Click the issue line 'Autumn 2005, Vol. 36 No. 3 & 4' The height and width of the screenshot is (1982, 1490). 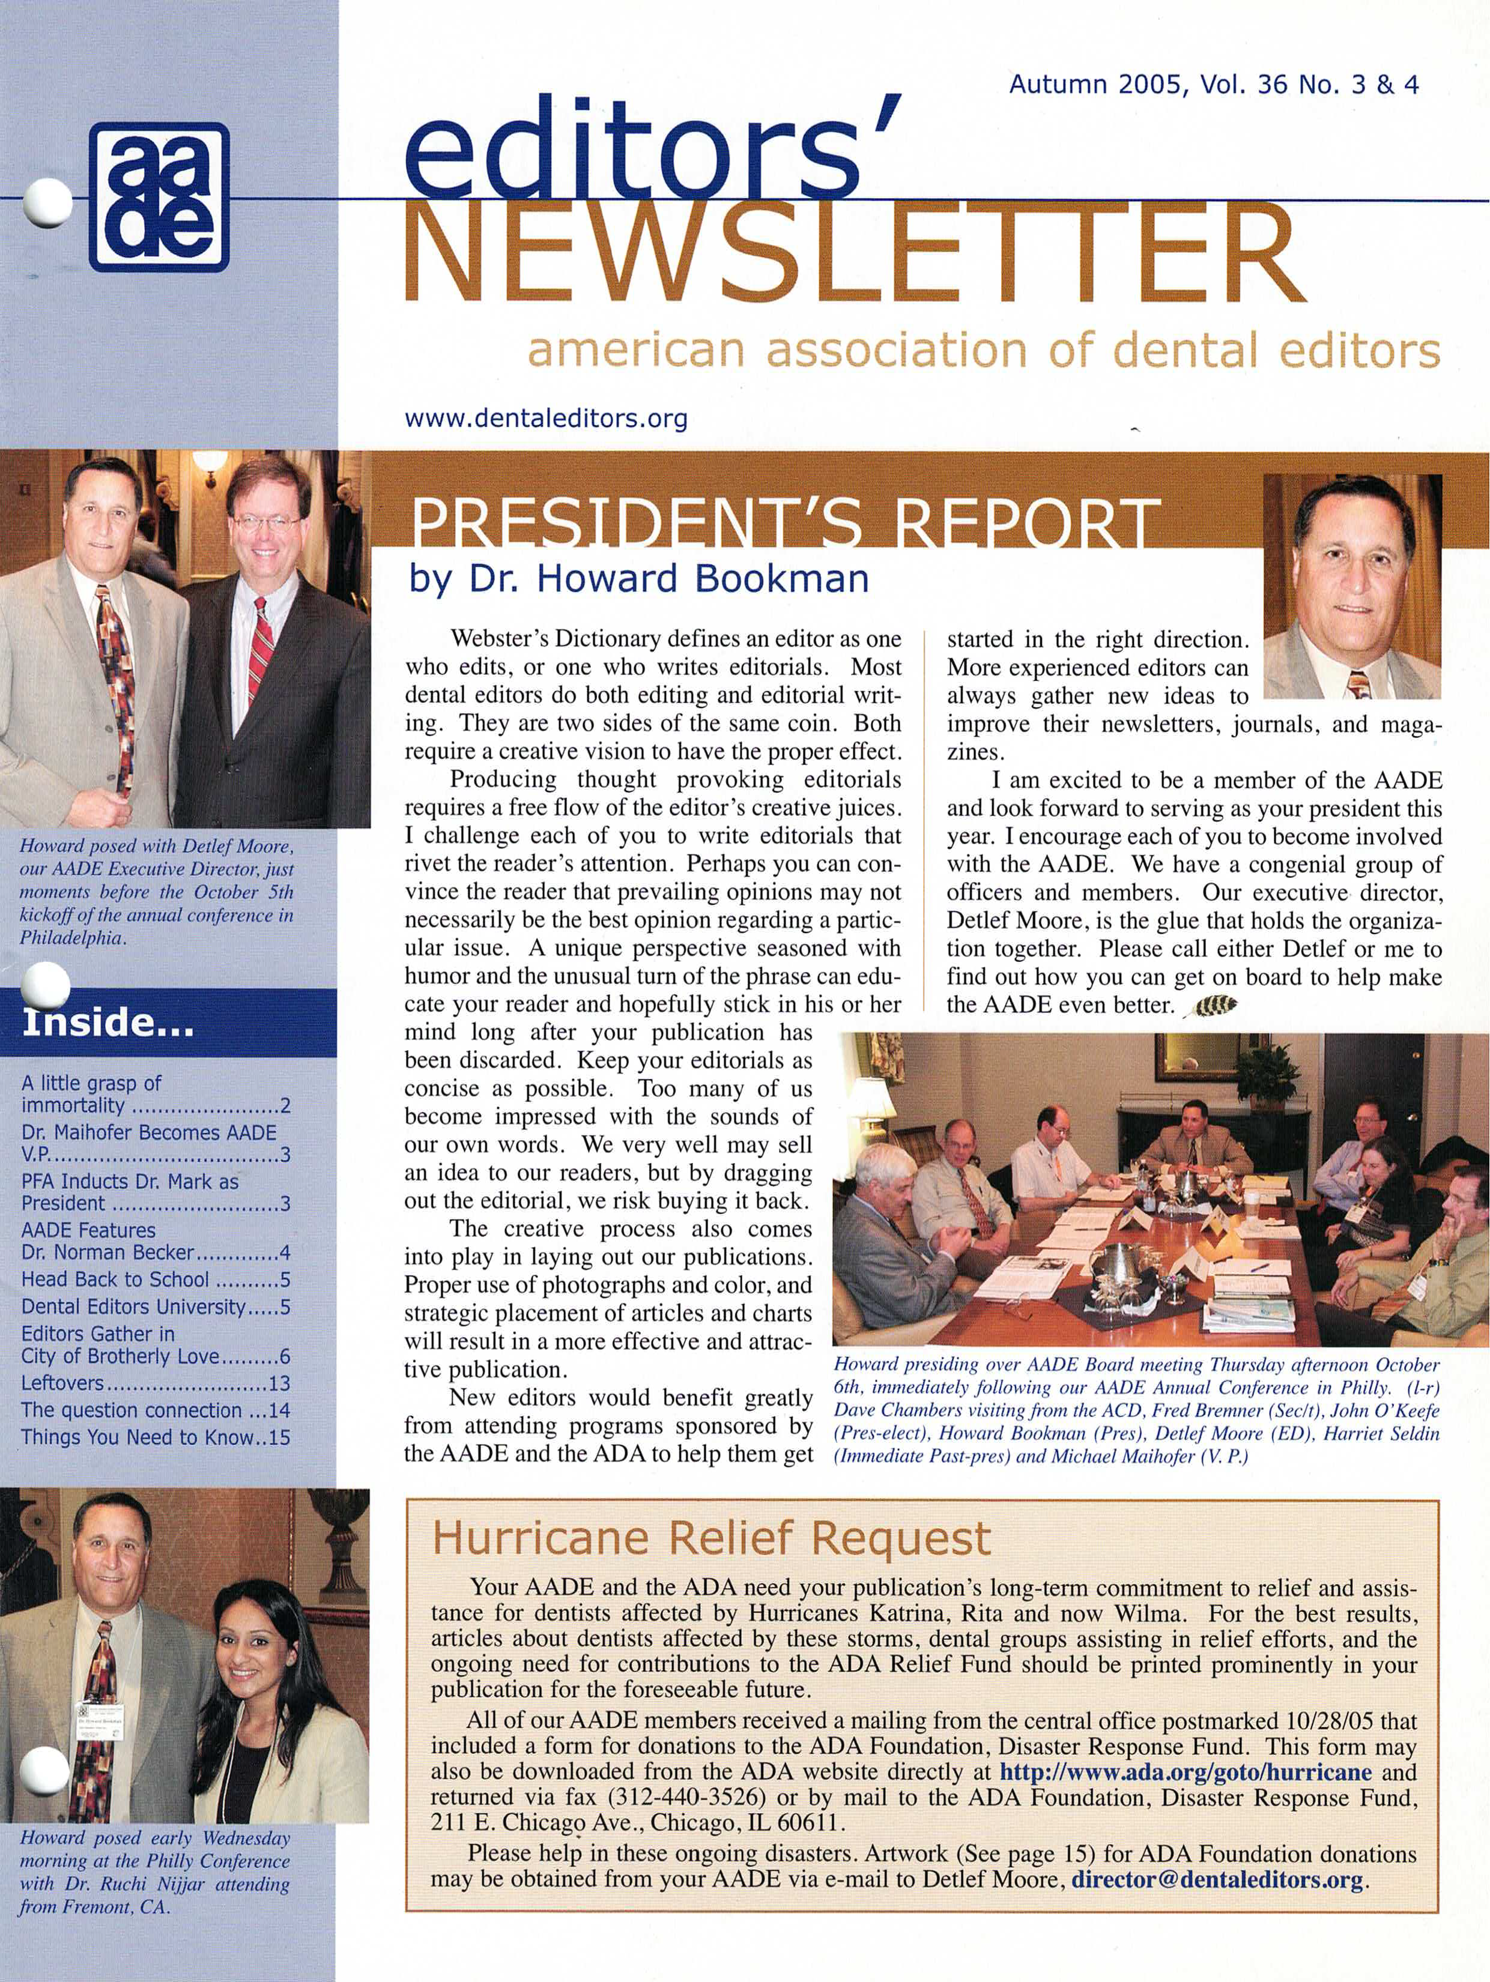(x=1213, y=85)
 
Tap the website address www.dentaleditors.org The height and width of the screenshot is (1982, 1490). (x=546, y=418)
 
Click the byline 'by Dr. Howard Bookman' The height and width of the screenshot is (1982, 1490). (x=639, y=579)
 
